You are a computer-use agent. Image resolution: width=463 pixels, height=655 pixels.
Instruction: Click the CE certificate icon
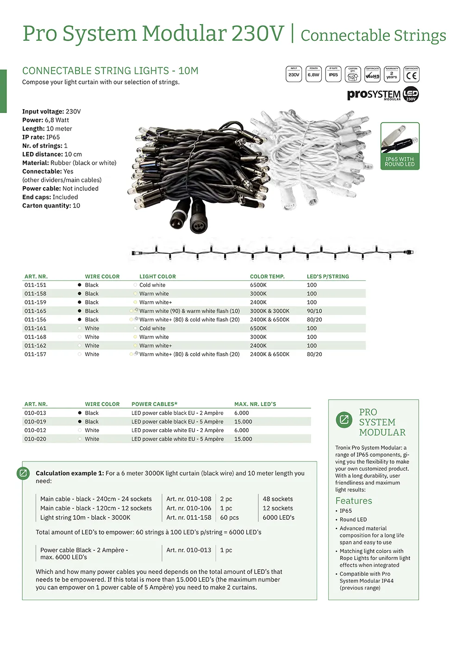(411, 74)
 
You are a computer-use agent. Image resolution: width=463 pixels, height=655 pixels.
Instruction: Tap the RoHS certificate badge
(372, 74)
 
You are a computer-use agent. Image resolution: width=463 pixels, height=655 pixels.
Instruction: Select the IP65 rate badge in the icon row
(333, 74)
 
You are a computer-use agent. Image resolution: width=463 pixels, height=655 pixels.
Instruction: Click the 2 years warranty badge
(392, 74)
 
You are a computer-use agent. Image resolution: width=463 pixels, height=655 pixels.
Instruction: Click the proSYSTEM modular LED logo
(383, 94)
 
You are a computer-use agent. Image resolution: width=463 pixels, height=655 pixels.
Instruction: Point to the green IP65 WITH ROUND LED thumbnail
(400, 146)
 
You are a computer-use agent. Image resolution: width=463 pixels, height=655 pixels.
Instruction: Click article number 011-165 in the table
(35, 311)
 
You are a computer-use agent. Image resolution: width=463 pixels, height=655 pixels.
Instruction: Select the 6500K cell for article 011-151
(258, 285)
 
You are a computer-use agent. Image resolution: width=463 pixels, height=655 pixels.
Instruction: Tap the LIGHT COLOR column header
(157, 277)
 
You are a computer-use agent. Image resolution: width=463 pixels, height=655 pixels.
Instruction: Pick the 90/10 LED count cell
(314, 311)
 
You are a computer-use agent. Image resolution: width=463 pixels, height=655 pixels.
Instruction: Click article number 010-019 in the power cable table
(35, 422)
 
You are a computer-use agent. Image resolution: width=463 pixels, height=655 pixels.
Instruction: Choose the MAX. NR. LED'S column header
(255, 404)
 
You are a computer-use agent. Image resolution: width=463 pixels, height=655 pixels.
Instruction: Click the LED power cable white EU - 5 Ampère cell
(177, 439)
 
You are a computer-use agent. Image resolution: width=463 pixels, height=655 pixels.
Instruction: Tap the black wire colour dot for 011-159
(80, 302)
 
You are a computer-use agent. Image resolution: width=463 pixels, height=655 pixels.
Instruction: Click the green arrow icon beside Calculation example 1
(23, 473)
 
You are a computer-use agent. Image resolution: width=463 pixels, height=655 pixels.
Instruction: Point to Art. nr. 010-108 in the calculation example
(188, 499)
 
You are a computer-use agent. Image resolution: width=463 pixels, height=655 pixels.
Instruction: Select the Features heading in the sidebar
(354, 501)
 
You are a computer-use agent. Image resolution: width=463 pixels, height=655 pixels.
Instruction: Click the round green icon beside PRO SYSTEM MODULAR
(344, 420)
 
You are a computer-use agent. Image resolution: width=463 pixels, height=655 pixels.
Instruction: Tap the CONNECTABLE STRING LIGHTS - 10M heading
(110, 71)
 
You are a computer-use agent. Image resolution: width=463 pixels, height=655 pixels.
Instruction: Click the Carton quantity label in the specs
(46, 206)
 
